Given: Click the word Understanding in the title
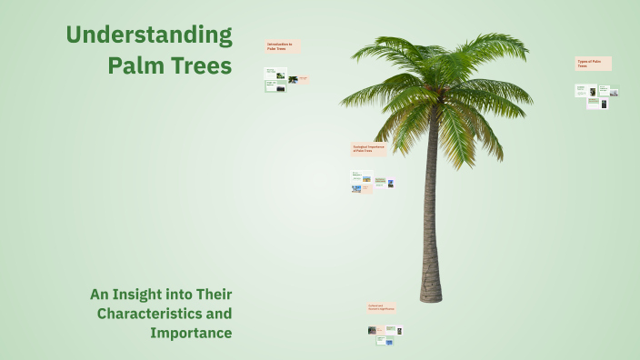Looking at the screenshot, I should [x=148, y=36].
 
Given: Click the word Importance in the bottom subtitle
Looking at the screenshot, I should [x=191, y=333].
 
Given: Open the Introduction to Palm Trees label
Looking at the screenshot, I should [x=282, y=46].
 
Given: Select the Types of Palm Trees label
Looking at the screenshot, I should [x=593, y=64].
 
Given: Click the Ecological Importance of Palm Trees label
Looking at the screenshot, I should [x=369, y=148].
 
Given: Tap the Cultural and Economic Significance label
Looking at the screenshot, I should [x=382, y=308].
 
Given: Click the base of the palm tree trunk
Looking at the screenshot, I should [x=431, y=295].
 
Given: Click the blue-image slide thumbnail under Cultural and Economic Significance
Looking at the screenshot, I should [x=389, y=340].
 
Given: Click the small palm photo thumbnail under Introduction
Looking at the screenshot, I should [x=293, y=80].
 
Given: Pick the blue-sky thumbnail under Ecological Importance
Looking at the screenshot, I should [x=356, y=189].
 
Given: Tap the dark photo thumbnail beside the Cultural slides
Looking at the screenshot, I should [x=372, y=331].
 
